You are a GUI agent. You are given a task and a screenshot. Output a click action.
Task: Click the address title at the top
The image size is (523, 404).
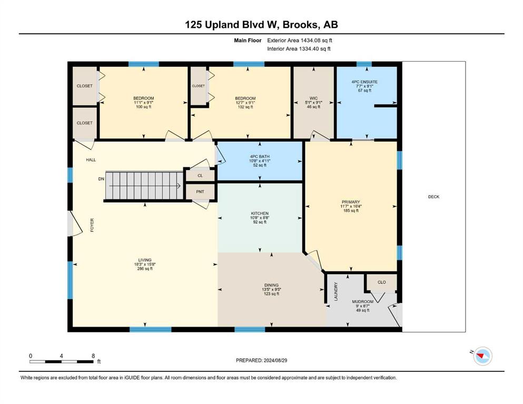(x=261, y=25)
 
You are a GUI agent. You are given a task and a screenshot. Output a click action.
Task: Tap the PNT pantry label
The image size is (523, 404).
(x=200, y=192)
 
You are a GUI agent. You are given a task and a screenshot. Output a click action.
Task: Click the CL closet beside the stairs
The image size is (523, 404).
(x=200, y=176)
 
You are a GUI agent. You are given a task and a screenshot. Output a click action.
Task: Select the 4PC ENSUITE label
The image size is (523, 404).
(x=364, y=82)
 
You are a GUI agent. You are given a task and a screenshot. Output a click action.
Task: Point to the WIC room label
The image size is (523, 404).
(x=313, y=98)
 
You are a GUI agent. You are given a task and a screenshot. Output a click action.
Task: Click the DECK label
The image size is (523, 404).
(x=433, y=197)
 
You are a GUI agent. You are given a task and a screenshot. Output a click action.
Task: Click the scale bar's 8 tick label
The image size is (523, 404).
(x=93, y=356)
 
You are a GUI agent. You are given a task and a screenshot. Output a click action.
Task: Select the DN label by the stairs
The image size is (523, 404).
(x=101, y=179)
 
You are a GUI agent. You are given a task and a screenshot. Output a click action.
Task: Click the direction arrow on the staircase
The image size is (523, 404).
(x=145, y=186)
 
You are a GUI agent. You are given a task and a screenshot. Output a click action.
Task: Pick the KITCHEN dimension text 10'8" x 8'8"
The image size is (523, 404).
(x=260, y=218)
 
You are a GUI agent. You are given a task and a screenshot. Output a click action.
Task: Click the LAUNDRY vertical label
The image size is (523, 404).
(x=336, y=292)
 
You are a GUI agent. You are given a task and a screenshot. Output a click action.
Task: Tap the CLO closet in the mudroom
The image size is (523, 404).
(x=382, y=282)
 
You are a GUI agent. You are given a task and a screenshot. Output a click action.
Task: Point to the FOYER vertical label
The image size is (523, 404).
(x=92, y=225)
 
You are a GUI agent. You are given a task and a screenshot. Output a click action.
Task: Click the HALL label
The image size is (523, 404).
(x=91, y=160)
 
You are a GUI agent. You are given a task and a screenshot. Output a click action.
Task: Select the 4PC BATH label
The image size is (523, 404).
(x=260, y=157)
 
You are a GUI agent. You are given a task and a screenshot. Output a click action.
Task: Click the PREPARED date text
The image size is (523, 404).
(x=261, y=360)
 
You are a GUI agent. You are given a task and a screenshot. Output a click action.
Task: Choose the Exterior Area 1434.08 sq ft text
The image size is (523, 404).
(x=300, y=41)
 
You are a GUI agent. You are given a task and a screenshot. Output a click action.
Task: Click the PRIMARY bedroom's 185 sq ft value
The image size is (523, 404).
(x=351, y=210)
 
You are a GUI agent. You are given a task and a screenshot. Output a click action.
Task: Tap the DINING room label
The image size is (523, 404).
(x=271, y=285)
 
